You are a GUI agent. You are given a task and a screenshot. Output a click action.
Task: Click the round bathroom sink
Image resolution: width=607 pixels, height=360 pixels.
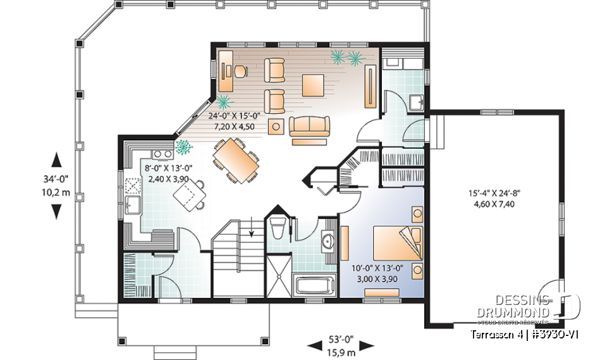click(x=328, y=241)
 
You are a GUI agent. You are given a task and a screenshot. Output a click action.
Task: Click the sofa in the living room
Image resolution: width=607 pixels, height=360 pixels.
click(x=310, y=126)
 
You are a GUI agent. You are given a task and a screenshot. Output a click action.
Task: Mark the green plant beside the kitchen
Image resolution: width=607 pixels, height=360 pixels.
click(x=183, y=147)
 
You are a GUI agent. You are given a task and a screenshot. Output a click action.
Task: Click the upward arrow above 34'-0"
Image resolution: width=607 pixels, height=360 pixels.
click(x=56, y=159)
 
